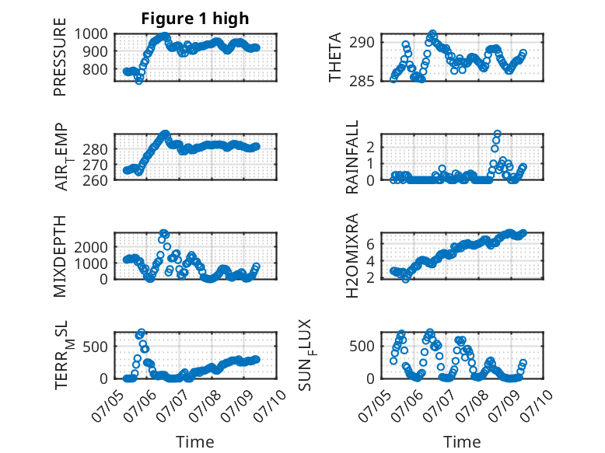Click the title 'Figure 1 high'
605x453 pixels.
click(x=195, y=19)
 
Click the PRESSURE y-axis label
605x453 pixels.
click(x=60, y=57)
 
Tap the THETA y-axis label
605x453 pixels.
click(x=335, y=57)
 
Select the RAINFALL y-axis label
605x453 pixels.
click(x=352, y=157)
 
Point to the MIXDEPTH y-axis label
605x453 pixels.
click(x=60, y=256)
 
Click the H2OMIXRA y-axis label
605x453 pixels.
click(x=352, y=256)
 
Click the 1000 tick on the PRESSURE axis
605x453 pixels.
click(x=91, y=34)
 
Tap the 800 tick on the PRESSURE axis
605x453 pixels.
click(x=96, y=70)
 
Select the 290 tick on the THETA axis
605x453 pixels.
click(x=362, y=43)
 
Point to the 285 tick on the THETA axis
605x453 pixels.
click(x=362, y=82)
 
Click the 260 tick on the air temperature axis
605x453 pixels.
click(x=96, y=180)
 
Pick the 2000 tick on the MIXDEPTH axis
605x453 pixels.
click(x=91, y=247)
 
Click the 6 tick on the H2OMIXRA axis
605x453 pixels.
click(x=370, y=244)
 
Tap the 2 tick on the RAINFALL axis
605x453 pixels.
click(x=370, y=147)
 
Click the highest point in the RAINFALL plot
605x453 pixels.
click(x=498, y=134)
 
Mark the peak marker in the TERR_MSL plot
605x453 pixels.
click(x=142, y=333)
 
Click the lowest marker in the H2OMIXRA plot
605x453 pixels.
click(x=405, y=279)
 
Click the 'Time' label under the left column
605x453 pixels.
click(x=195, y=441)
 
